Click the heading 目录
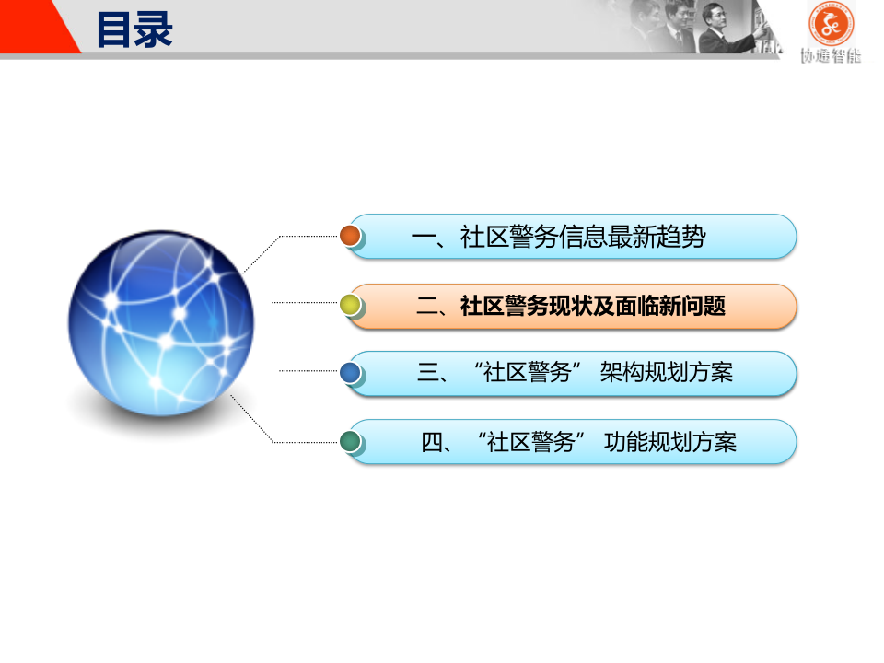coord(134,29)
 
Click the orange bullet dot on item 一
coord(350,236)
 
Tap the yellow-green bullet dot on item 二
coord(350,305)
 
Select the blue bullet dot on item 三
coord(350,372)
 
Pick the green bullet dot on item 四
coord(350,441)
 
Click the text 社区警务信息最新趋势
coord(583,238)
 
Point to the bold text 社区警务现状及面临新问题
coord(593,307)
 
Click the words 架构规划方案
coord(666,373)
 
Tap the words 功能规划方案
coord(670,442)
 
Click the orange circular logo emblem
coord(831,24)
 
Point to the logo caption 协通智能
coord(831,55)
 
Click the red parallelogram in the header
coord(41,27)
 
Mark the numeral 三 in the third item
coord(428,373)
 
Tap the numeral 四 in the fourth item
coord(432,442)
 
